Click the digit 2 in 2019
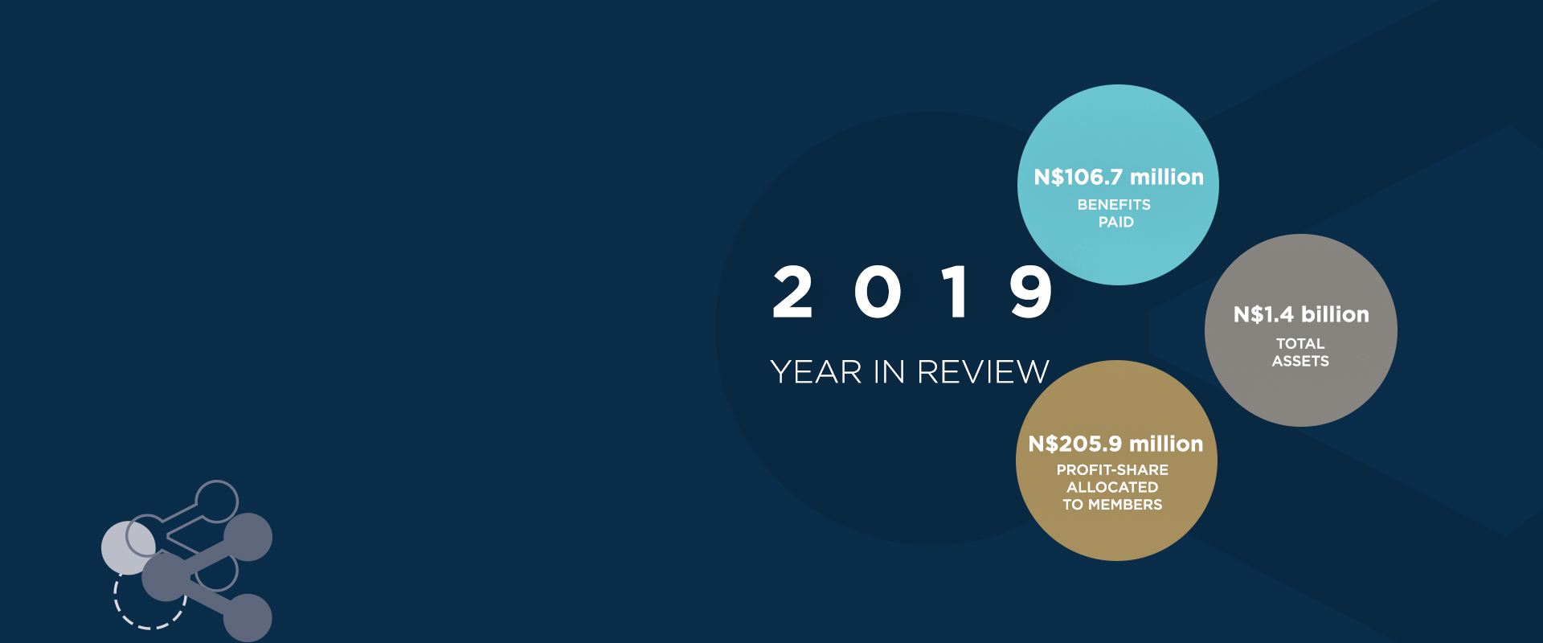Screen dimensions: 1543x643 (792, 292)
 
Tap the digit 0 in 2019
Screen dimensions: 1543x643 (878, 292)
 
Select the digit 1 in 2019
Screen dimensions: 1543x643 (956, 292)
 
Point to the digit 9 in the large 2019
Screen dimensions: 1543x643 (1031, 292)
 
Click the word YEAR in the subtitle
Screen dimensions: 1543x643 (817, 372)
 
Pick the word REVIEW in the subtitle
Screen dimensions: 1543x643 (983, 372)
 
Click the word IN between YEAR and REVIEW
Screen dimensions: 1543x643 (890, 372)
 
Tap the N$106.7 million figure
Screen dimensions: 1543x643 (1119, 177)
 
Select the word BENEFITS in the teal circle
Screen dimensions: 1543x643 (1114, 205)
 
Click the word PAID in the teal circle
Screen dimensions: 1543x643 (1116, 222)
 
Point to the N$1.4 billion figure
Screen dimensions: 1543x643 (1301, 314)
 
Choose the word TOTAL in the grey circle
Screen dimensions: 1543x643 (1300, 344)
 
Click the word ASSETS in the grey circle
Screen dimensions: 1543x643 (1300, 362)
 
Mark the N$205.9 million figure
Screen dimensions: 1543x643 (1115, 444)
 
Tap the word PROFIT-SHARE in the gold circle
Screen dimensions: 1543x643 (1112, 470)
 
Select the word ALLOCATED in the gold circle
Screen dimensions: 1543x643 (1112, 487)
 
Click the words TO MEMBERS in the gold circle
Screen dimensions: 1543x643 (1112, 505)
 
